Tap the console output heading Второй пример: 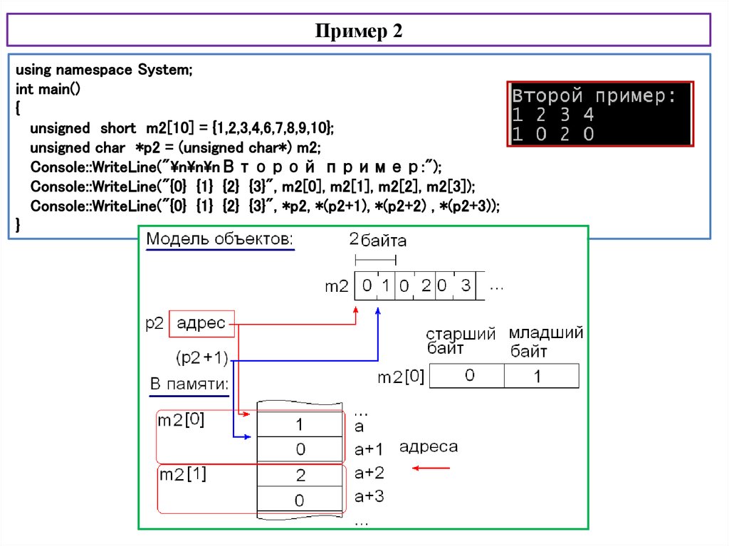594,96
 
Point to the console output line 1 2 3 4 553,115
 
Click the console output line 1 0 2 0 553,134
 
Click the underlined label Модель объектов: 219,239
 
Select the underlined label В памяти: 189,385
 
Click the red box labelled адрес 201,325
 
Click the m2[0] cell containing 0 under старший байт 469,376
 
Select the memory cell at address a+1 300,449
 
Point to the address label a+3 369,496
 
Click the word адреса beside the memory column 428,447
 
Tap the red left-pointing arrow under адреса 431,468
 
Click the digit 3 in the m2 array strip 466,286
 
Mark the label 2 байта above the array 378,241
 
